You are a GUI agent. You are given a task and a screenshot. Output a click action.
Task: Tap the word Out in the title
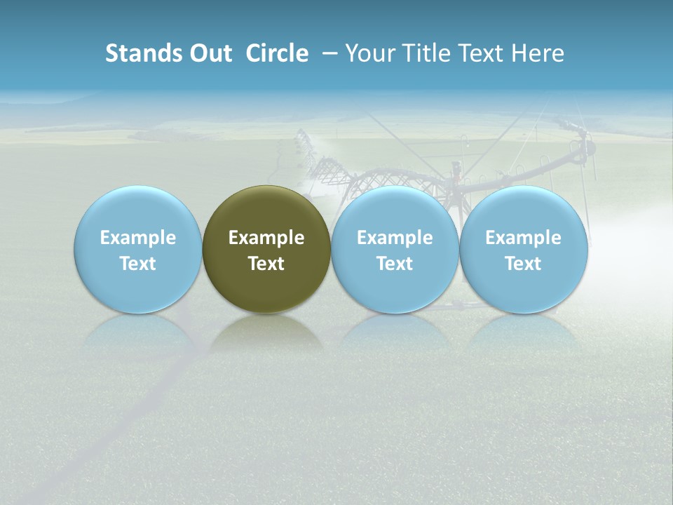click(x=209, y=53)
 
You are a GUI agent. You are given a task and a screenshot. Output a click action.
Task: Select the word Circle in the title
click(x=277, y=53)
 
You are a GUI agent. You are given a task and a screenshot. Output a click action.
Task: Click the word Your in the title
click(x=369, y=53)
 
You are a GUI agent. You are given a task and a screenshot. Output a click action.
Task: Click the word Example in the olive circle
click(x=266, y=238)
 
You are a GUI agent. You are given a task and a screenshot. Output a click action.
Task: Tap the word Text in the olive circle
click(x=266, y=264)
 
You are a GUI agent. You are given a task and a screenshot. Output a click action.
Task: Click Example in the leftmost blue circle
click(x=138, y=238)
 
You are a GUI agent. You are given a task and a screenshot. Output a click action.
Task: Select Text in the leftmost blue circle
click(x=138, y=264)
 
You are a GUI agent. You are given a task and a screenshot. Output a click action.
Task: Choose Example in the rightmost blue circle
click(x=523, y=238)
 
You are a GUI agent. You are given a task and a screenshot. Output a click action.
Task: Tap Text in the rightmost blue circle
click(x=523, y=264)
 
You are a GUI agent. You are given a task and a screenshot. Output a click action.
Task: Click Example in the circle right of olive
click(x=395, y=238)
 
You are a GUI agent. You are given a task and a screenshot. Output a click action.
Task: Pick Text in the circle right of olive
click(x=395, y=264)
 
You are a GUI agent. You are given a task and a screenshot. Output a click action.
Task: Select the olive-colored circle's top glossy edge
click(x=266, y=189)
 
